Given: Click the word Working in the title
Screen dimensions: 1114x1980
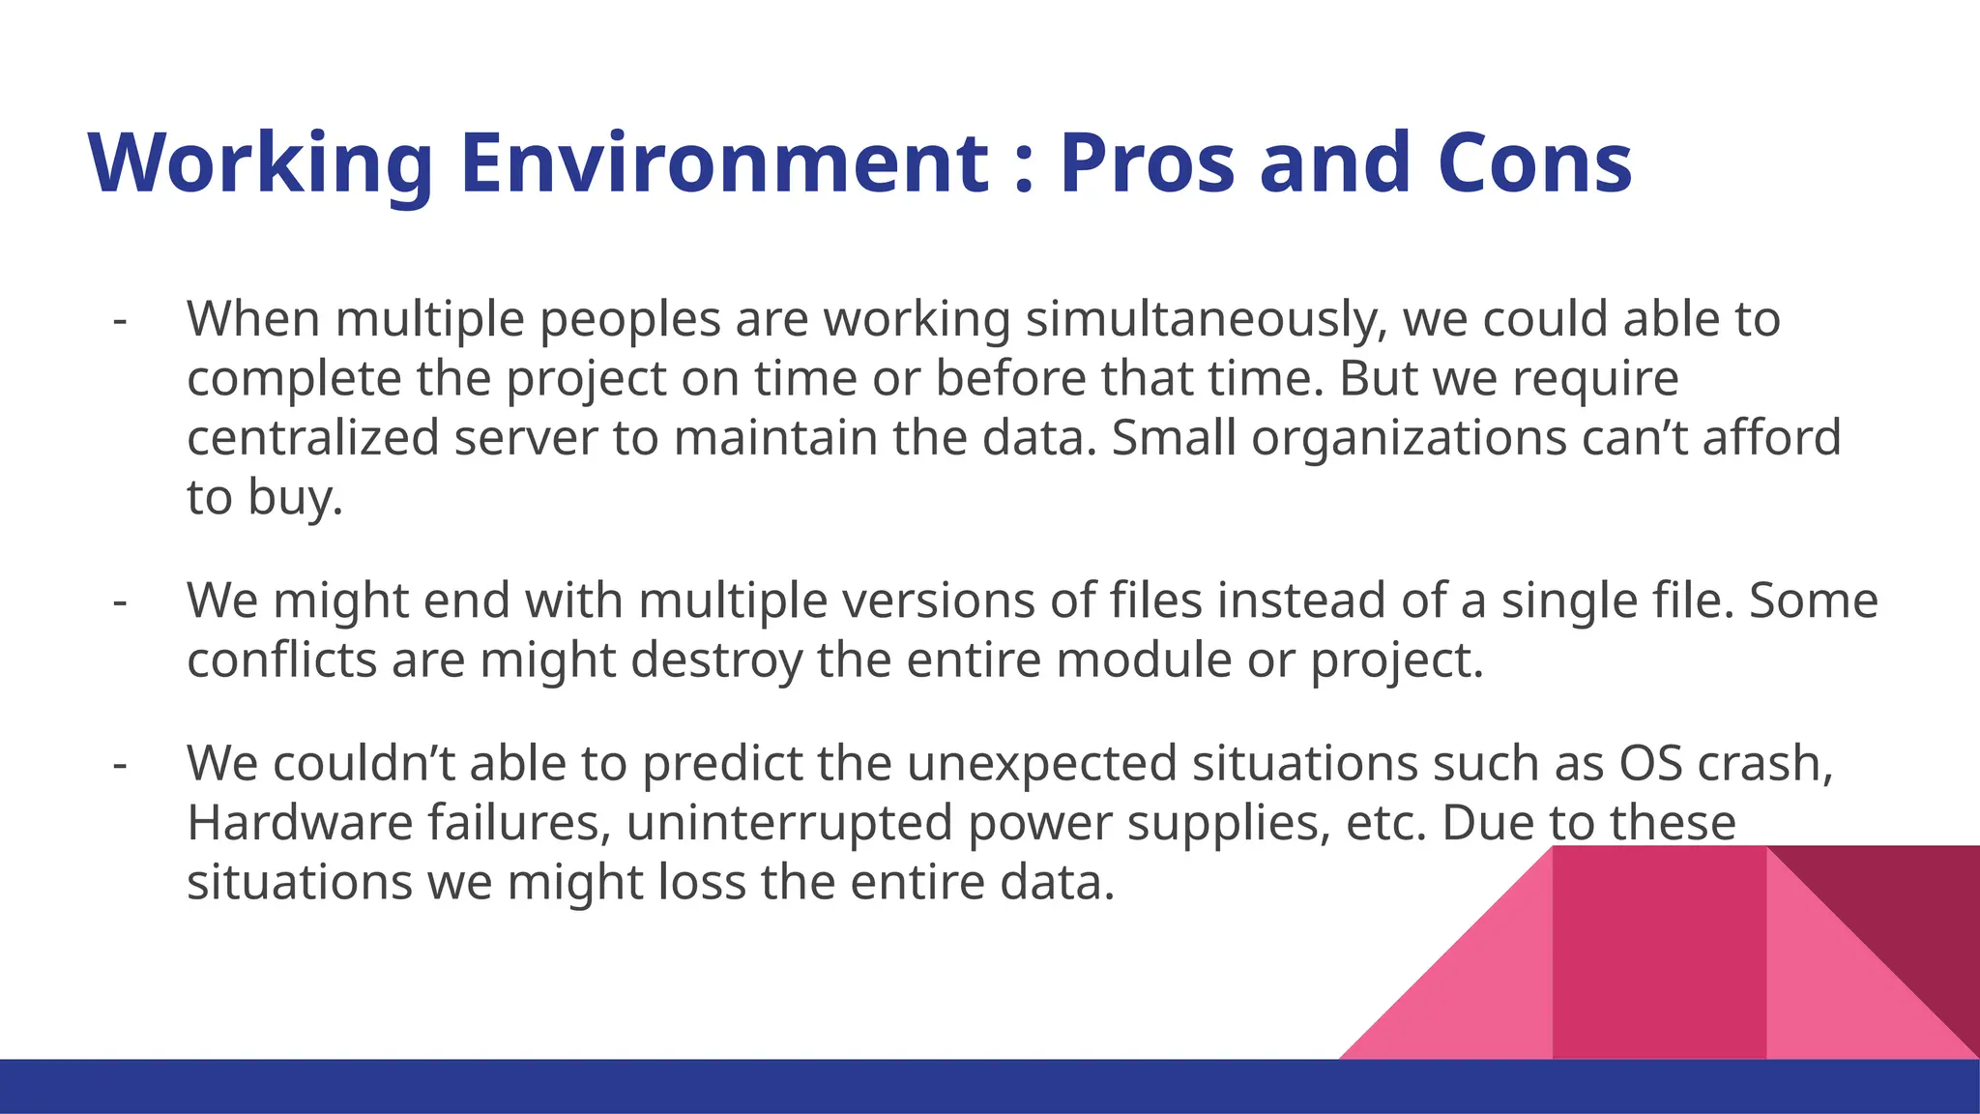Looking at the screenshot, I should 260,163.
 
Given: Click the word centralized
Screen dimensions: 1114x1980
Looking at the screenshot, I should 313,437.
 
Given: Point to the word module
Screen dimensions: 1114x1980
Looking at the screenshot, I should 1144,660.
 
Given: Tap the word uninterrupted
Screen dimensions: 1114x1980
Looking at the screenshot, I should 789,824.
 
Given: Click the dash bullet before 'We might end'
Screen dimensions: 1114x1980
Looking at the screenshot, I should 120,601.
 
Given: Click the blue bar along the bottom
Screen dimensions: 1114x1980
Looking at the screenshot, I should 677,1087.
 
